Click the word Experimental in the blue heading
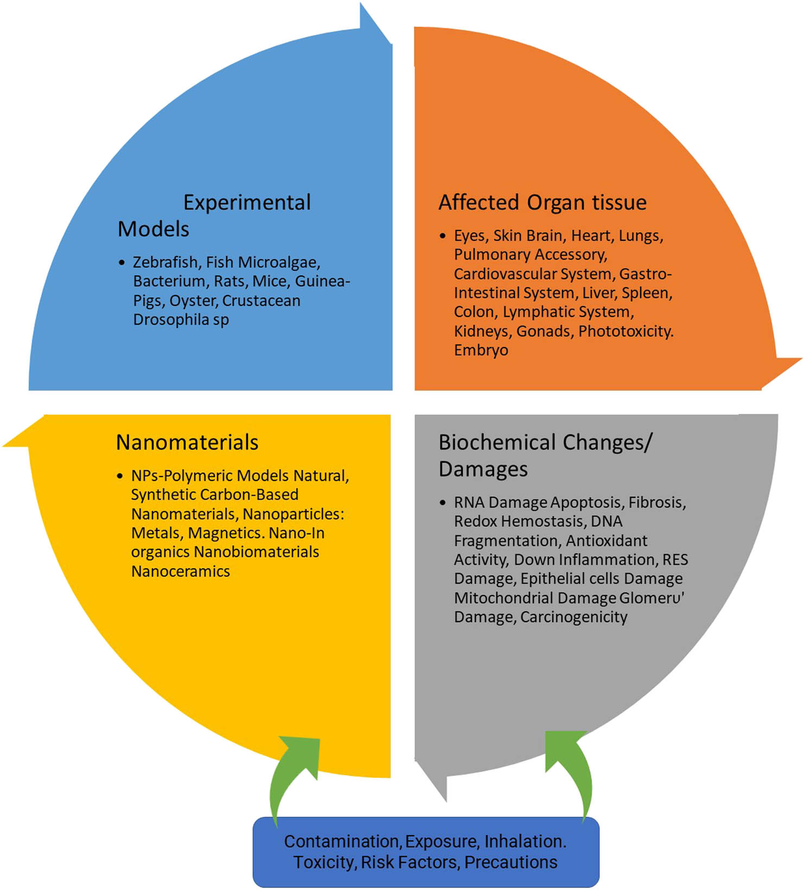click(247, 203)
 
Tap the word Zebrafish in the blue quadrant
click(165, 262)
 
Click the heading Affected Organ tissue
click(542, 203)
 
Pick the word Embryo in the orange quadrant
click(481, 350)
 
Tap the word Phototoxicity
click(625, 331)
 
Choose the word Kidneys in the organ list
click(481, 331)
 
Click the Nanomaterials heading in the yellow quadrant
click(187, 443)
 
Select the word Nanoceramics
click(181, 572)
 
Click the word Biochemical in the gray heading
click(497, 443)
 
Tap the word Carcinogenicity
click(573, 617)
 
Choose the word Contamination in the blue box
click(342, 842)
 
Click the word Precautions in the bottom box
click(510, 862)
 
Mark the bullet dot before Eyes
click(443, 236)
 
